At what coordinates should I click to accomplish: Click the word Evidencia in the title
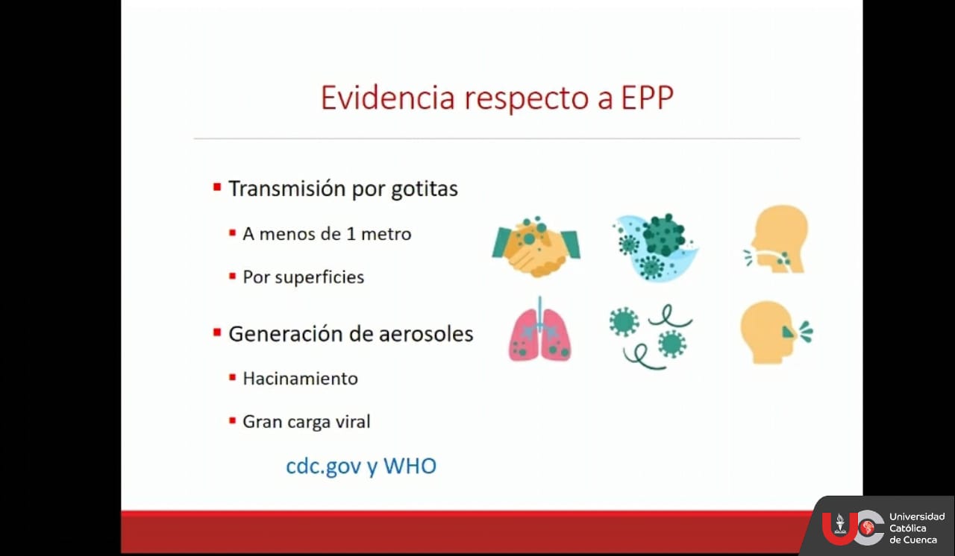(x=387, y=98)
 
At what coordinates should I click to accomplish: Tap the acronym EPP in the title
(x=647, y=98)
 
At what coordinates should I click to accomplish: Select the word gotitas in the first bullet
(x=425, y=189)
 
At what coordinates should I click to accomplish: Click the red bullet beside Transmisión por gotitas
(x=217, y=187)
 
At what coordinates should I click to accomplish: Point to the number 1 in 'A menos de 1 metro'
(x=351, y=234)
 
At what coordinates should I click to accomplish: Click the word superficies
(x=320, y=277)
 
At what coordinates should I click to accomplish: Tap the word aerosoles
(x=426, y=334)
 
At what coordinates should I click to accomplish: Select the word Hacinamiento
(x=300, y=379)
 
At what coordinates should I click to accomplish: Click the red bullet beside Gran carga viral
(x=232, y=420)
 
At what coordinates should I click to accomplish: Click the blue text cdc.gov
(x=324, y=466)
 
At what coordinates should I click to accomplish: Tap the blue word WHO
(x=410, y=466)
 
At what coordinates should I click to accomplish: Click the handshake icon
(x=536, y=247)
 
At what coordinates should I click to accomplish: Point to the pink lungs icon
(x=539, y=330)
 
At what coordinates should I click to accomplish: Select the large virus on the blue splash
(x=663, y=235)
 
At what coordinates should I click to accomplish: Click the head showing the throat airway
(x=777, y=238)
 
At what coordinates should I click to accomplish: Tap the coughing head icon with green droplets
(x=776, y=332)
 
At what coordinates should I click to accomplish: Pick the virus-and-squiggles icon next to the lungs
(x=651, y=336)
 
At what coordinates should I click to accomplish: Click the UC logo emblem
(x=853, y=528)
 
